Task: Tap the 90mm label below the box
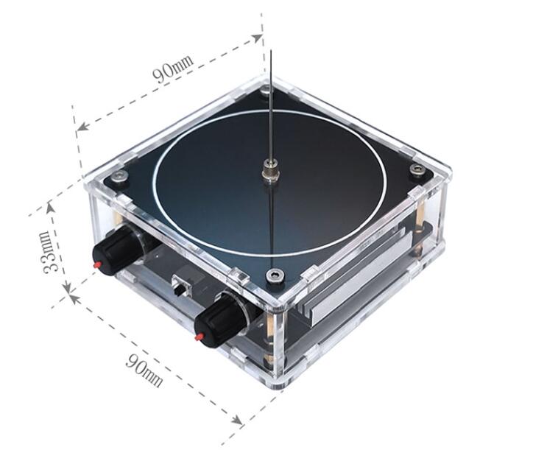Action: tap(144, 370)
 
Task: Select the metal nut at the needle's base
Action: tap(270, 171)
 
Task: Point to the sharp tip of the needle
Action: tap(272, 51)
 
